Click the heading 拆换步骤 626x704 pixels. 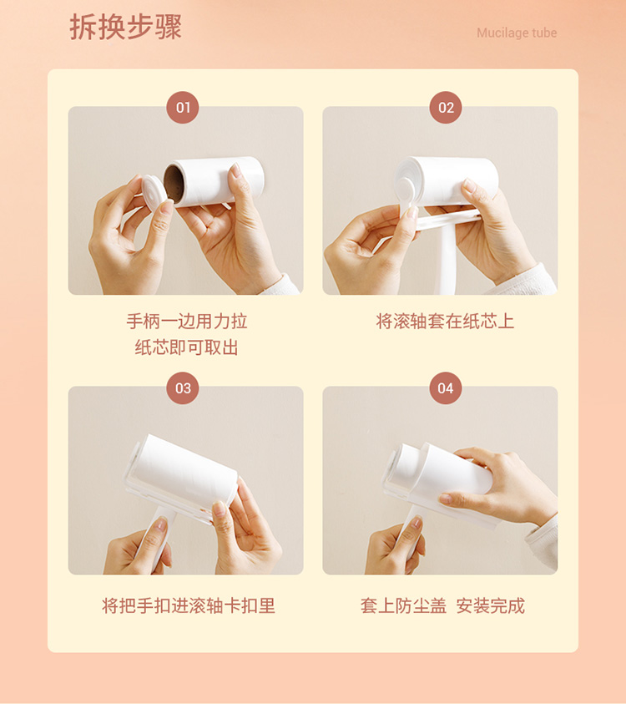point(126,28)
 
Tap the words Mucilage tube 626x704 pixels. point(517,33)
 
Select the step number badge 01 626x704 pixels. point(183,107)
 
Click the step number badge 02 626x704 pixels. point(446,107)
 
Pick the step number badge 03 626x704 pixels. point(183,388)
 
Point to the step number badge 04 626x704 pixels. point(446,388)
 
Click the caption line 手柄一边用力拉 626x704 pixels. point(187,322)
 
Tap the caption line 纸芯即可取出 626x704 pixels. point(187,347)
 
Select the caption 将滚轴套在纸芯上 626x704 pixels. point(445,322)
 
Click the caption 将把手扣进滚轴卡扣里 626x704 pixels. point(189,605)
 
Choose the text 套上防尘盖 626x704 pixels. point(403,605)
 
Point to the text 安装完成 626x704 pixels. point(491,605)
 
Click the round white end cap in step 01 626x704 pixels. point(154,192)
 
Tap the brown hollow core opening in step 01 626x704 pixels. point(174,183)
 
